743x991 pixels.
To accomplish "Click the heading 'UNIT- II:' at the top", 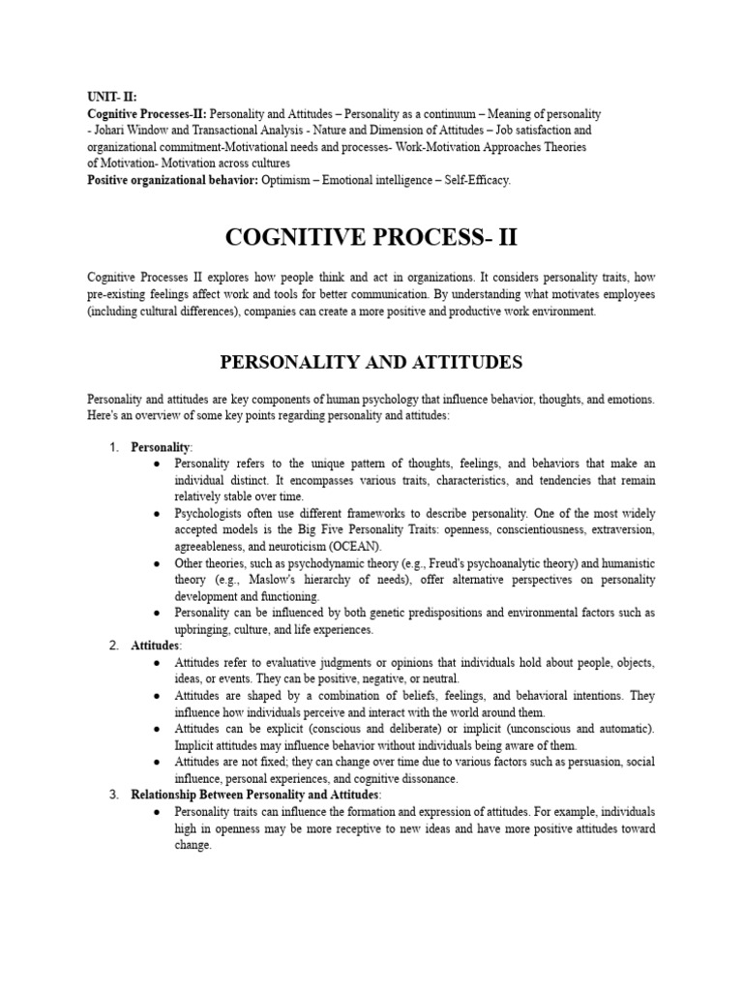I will click(112, 98).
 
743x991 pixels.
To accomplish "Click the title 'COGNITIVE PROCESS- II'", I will click(371, 237).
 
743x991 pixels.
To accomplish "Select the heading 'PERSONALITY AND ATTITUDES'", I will click(371, 362).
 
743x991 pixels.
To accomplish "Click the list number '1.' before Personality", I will click(113, 447).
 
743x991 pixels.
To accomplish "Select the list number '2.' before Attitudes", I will click(113, 646).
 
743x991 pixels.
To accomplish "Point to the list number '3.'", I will click(113, 795).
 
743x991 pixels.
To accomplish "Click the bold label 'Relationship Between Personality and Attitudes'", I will click(256, 795).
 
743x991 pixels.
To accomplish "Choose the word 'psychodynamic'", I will click(312, 562).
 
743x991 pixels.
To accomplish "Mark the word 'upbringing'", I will click(204, 629).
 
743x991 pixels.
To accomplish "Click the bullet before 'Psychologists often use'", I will click(158, 513).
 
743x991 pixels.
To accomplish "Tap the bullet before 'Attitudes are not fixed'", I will click(158, 762).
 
